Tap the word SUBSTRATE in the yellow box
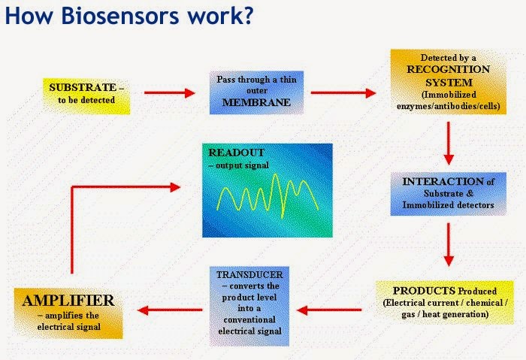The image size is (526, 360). click(x=82, y=87)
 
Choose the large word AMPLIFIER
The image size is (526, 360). click(x=68, y=301)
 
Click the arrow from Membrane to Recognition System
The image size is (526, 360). click(x=343, y=93)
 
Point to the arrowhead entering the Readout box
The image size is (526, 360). click(x=177, y=188)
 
